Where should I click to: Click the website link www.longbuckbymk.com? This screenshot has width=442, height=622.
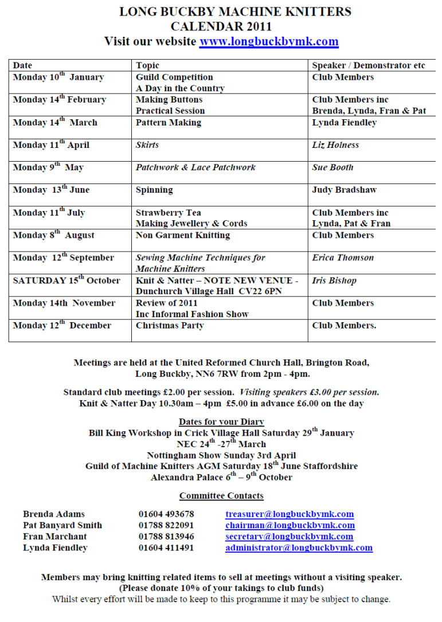pos(269,42)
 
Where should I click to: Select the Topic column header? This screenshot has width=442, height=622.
pos(147,65)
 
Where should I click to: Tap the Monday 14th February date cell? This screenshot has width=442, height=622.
pos(59,100)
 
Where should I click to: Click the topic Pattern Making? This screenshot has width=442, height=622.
pos(169,123)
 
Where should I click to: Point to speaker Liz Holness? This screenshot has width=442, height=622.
pos(335,145)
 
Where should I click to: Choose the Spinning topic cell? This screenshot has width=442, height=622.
pos(154,190)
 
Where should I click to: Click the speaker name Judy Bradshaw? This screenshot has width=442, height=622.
pos(344,190)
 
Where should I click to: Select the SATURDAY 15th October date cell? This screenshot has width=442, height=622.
pos(67,280)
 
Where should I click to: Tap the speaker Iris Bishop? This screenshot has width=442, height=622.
pos(334,280)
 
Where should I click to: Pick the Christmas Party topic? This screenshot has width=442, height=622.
pos(170,326)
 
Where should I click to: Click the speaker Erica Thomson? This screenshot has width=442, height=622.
pos(343,257)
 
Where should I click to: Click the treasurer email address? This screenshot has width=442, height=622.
pos(290,514)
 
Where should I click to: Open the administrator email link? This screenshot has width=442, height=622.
pos(299,547)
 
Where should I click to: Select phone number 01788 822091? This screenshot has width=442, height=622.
pos(166,525)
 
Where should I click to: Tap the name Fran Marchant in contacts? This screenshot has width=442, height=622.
pos(55,537)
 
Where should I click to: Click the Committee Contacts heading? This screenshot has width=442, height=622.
pos(221,496)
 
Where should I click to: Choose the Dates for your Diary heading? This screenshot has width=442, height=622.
pos(221,422)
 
